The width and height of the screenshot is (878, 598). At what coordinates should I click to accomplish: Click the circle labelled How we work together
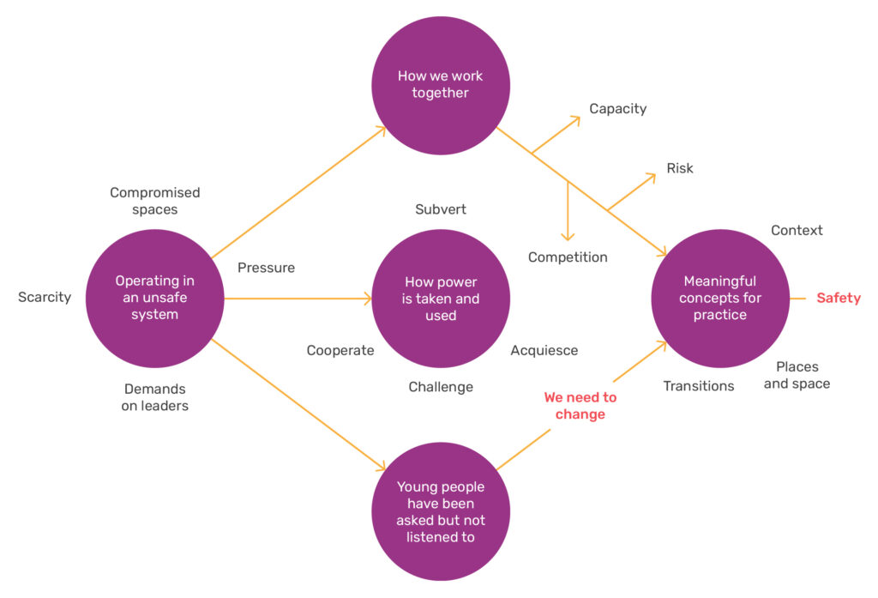pyautogui.click(x=441, y=85)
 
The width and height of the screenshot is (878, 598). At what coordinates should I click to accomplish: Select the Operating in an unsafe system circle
pyautogui.click(x=155, y=298)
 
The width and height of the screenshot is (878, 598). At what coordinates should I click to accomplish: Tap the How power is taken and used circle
pyautogui.click(x=441, y=299)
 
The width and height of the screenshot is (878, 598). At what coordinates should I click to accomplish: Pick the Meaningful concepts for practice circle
pyautogui.click(x=720, y=298)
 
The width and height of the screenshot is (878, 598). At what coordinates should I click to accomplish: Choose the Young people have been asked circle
pyautogui.click(x=441, y=511)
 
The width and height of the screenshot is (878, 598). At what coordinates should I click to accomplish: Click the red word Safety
pyautogui.click(x=838, y=299)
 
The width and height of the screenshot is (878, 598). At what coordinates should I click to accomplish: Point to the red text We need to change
pyautogui.click(x=580, y=406)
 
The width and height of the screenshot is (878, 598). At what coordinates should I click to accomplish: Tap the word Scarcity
pyautogui.click(x=45, y=298)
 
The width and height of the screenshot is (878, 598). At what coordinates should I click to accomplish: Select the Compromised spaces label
pyautogui.click(x=154, y=201)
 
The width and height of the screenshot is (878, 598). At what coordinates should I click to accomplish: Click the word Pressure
pyautogui.click(x=266, y=268)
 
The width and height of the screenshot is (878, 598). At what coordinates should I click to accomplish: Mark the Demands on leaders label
pyautogui.click(x=154, y=397)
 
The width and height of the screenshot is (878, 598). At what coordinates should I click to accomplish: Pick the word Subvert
pyautogui.click(x=441, y=209)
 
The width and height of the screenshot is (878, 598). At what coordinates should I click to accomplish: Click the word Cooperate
pyautogui.click(x=340, y=350)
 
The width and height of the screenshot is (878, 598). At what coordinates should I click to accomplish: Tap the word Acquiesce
pyautogui.click(x=544, y=350)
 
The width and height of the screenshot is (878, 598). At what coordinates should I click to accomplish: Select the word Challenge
pyautogui.click(x=441, y=387)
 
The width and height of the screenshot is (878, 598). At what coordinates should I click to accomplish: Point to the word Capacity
pyautogui.click(x=617, y=109)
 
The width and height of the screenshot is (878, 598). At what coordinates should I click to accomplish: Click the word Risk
pyautogui.click(x=680, y=168)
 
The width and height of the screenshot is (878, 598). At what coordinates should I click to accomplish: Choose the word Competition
pyautogui.click(x=568, y=257)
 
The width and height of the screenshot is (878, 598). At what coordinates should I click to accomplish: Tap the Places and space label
pyautogui.click(x=797, y=375)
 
